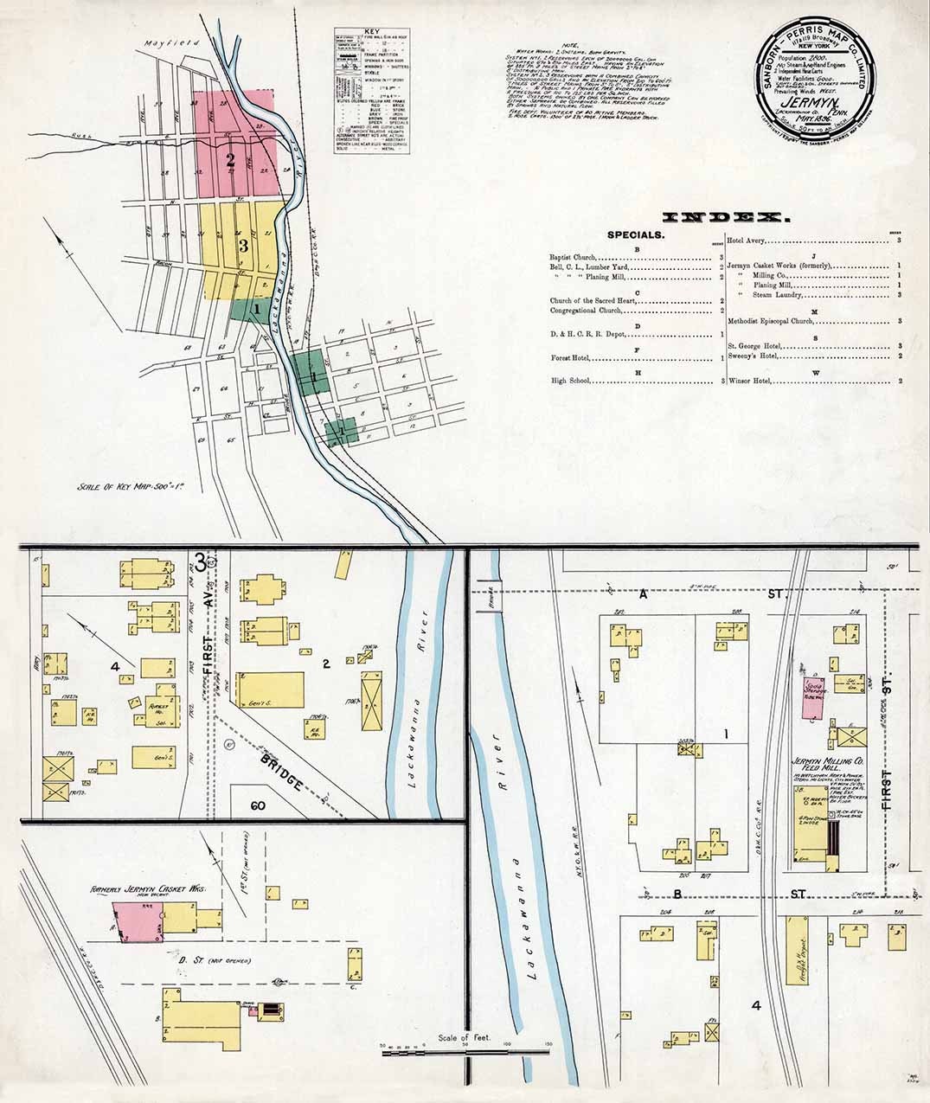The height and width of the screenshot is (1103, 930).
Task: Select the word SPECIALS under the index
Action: click(x=636, y=235)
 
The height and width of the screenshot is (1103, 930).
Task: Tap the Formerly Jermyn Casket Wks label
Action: click(x=143, y=888)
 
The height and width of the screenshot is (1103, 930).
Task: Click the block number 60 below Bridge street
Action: click(x=257, y=806)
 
